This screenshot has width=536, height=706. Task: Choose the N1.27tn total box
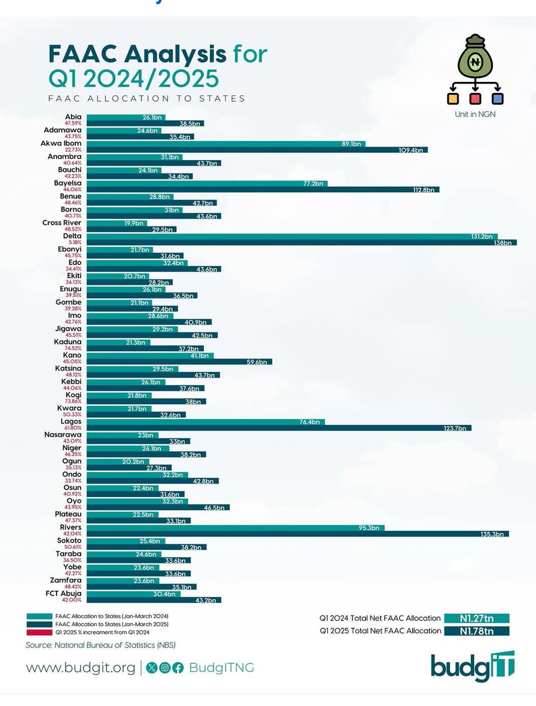tap(476, 618)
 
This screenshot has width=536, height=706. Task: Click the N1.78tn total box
tap(476, 631)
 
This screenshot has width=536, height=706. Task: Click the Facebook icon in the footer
tap(177, 668)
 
